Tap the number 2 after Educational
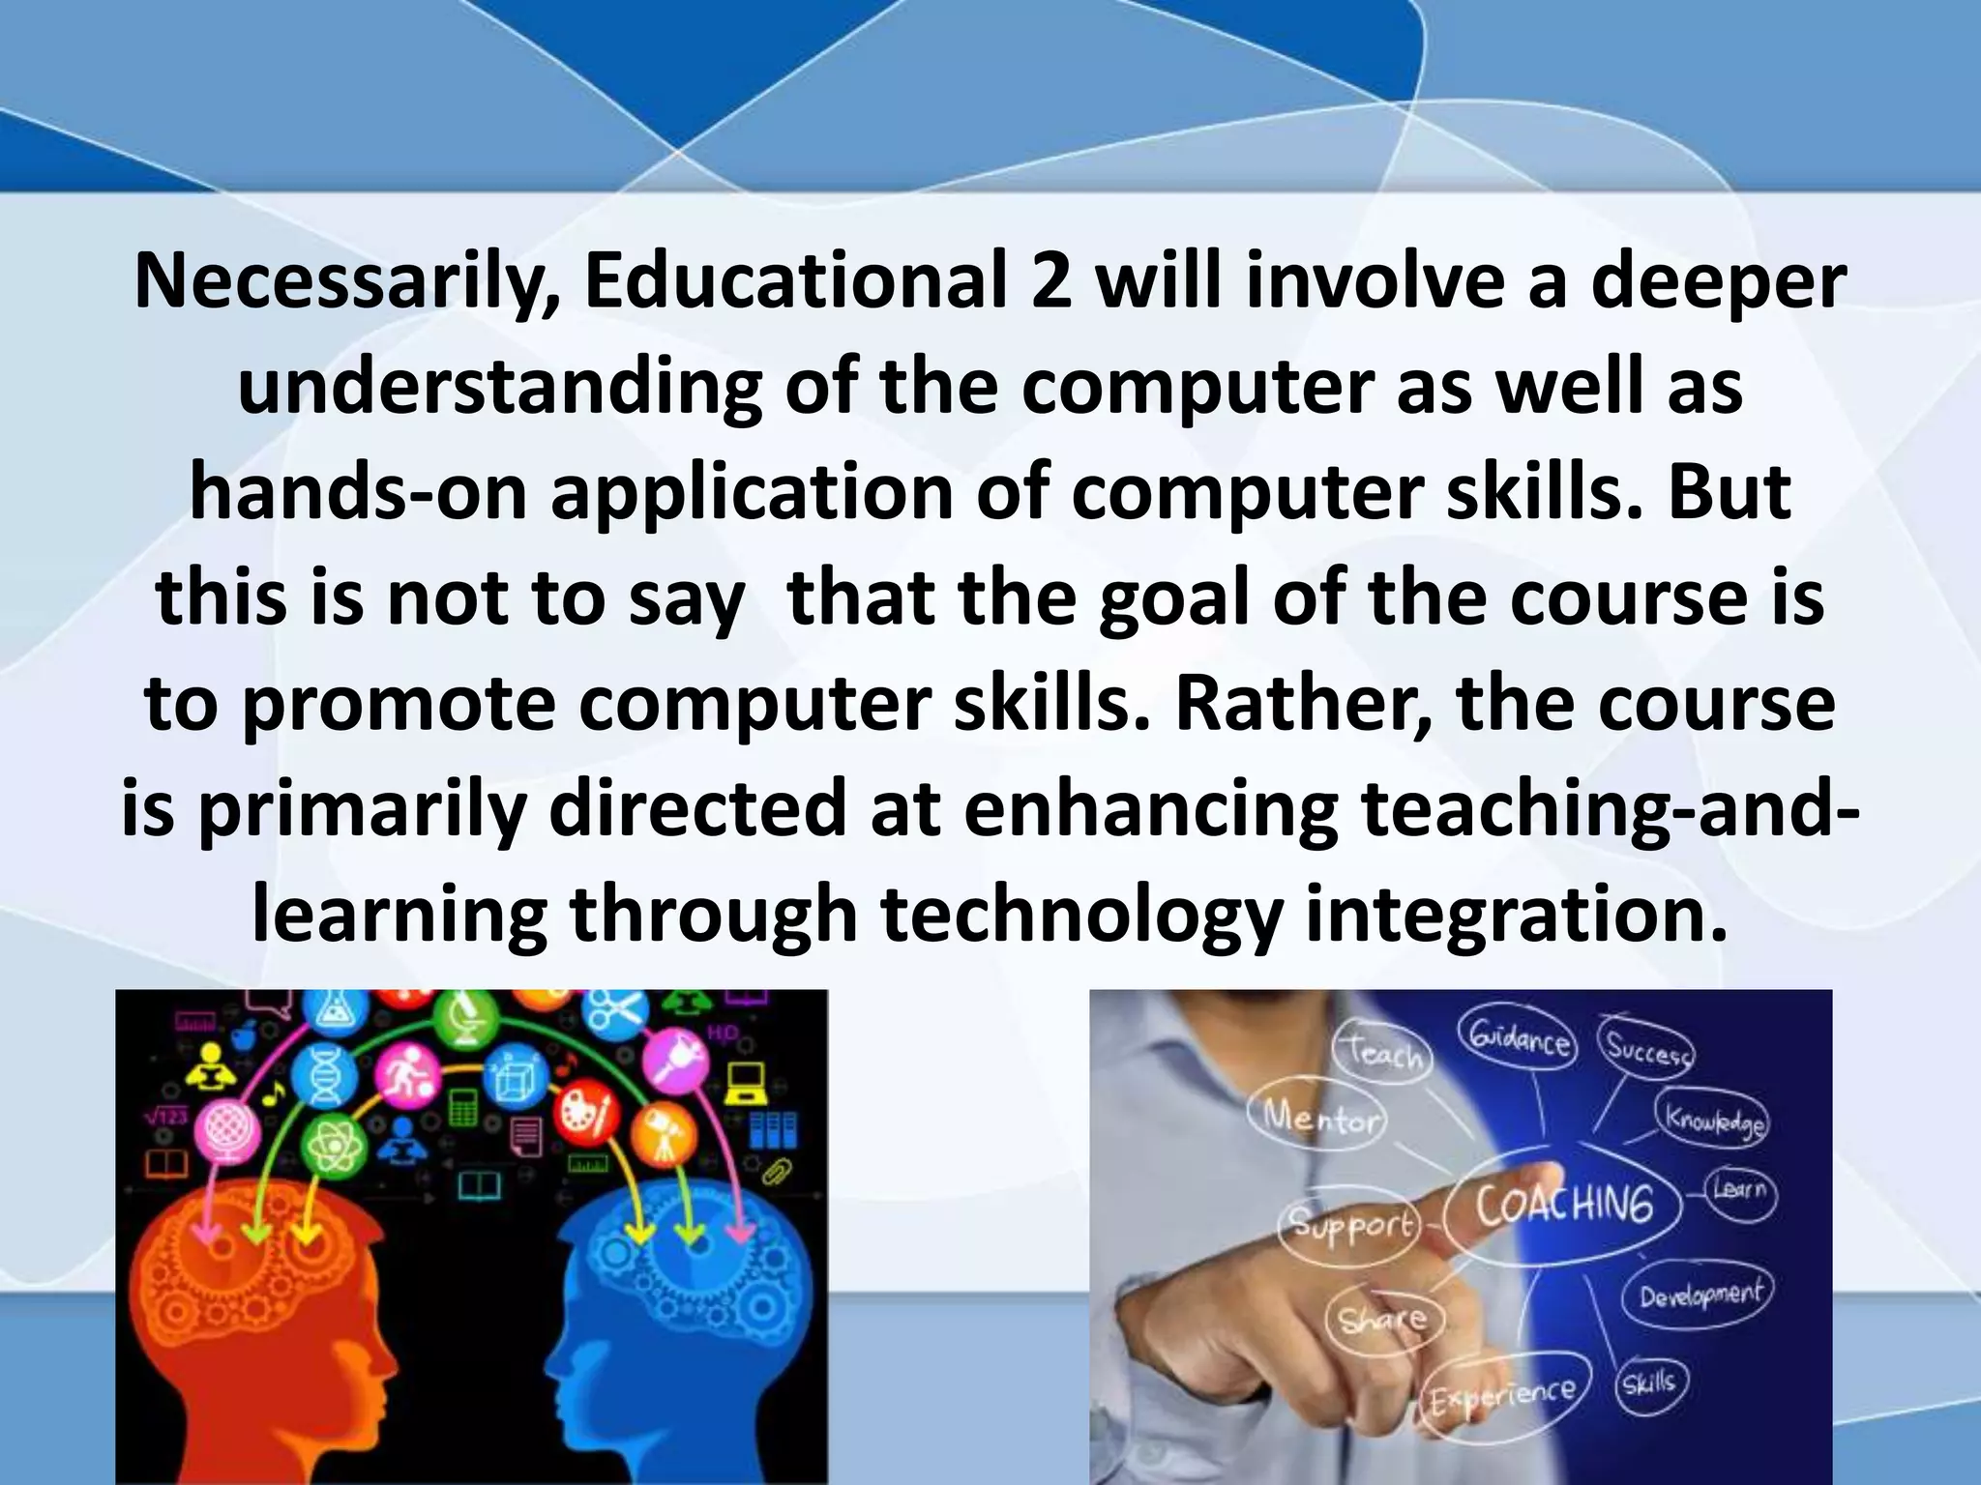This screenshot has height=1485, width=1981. click(1050, 283)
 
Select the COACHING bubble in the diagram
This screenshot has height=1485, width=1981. click(1564, 1205)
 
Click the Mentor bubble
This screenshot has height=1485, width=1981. click(1320, 1120)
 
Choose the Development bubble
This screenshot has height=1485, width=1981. click(1700, 1294)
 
